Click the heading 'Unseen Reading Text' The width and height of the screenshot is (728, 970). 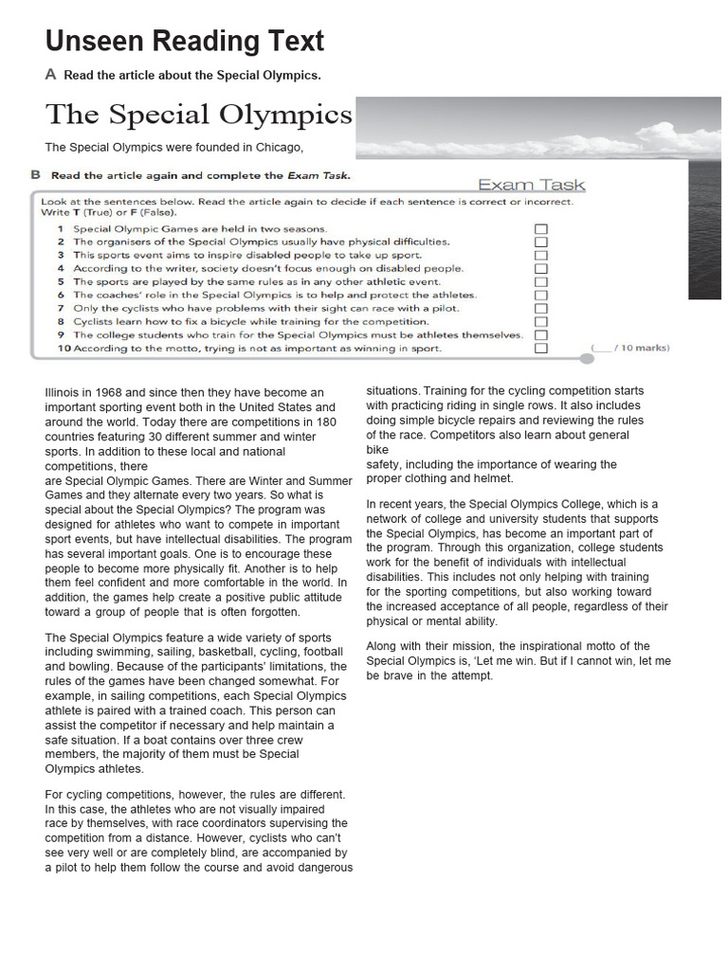click(x=185, y=42)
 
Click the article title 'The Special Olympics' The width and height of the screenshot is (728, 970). click(x=199, y=115)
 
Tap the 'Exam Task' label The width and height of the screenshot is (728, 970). click(x=531, y=186)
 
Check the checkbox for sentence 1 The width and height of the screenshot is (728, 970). click(x=540, y=229)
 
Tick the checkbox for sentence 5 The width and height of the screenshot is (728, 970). click(x=540, y=282)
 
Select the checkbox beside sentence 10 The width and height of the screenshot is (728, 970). click(x=540, y=349)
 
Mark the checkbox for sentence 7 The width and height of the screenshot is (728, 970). click(x=540, y=309)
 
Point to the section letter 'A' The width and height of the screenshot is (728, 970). click(x=50, y=74)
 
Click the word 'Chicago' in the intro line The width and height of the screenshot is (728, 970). click(x=280, y=148)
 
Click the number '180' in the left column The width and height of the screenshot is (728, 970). click(x=325, y=422)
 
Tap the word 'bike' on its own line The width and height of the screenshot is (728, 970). click(x=377, y=450)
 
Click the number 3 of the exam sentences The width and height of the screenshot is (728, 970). click(x=60, y=256)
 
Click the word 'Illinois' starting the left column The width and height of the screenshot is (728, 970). click(x=64, y=392)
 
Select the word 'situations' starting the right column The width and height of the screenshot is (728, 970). click(x=392, y=391)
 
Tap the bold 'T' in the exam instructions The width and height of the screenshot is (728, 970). click(x=76, y=214)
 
